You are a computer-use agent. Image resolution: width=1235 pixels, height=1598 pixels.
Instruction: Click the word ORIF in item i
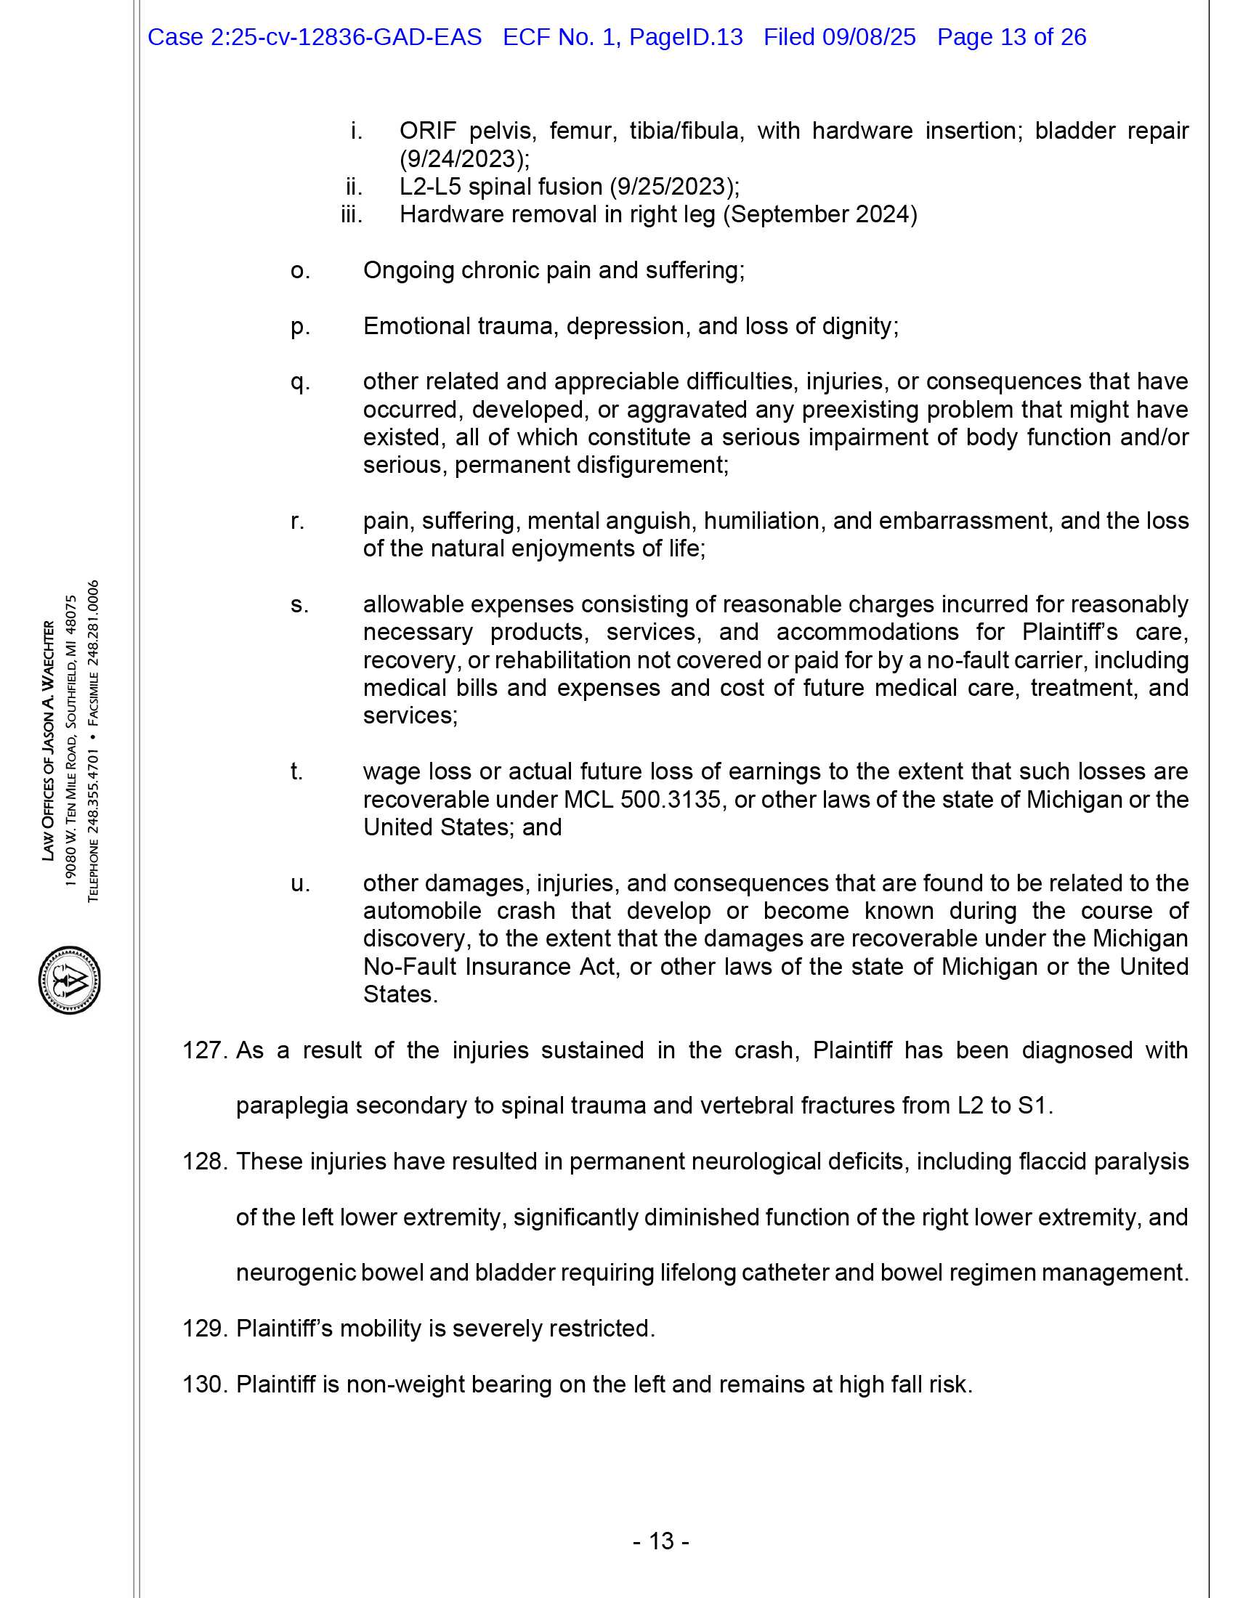click(x=427, y=131)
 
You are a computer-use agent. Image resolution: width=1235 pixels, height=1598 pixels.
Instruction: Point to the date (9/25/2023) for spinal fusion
click(x=674, y=187)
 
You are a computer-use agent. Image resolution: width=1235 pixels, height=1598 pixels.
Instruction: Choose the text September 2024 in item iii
click(x=819, y=214)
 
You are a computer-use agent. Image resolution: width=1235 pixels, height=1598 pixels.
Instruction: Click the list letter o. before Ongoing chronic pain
click(x=300, y=270)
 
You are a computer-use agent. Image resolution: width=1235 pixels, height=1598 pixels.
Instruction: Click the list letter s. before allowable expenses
click(x=299, y=604)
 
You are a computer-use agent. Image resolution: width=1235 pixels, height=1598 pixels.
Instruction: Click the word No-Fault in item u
click(x=410, y=967)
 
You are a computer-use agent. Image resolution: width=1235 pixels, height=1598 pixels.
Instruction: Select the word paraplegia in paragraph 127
click(x=291, y=1105)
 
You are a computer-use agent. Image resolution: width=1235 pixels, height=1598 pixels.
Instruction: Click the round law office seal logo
click(x=70, y=980)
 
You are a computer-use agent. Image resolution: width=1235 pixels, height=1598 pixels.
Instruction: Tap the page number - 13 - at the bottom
click(x=660, y=1541)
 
